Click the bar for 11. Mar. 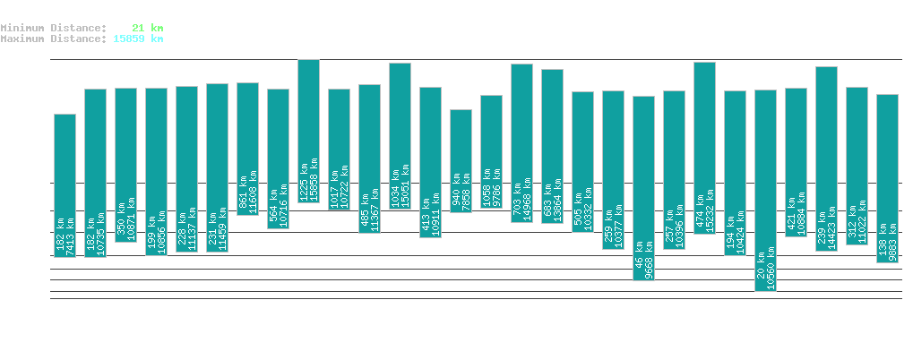tap(765, 190)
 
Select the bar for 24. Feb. tap(308, 131)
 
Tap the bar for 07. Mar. tap(643, 188)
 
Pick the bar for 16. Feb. tap(65, 185)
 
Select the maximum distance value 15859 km tap(138, 39)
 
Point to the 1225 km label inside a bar tap(304, 180)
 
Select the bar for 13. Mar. tap(826, 159)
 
